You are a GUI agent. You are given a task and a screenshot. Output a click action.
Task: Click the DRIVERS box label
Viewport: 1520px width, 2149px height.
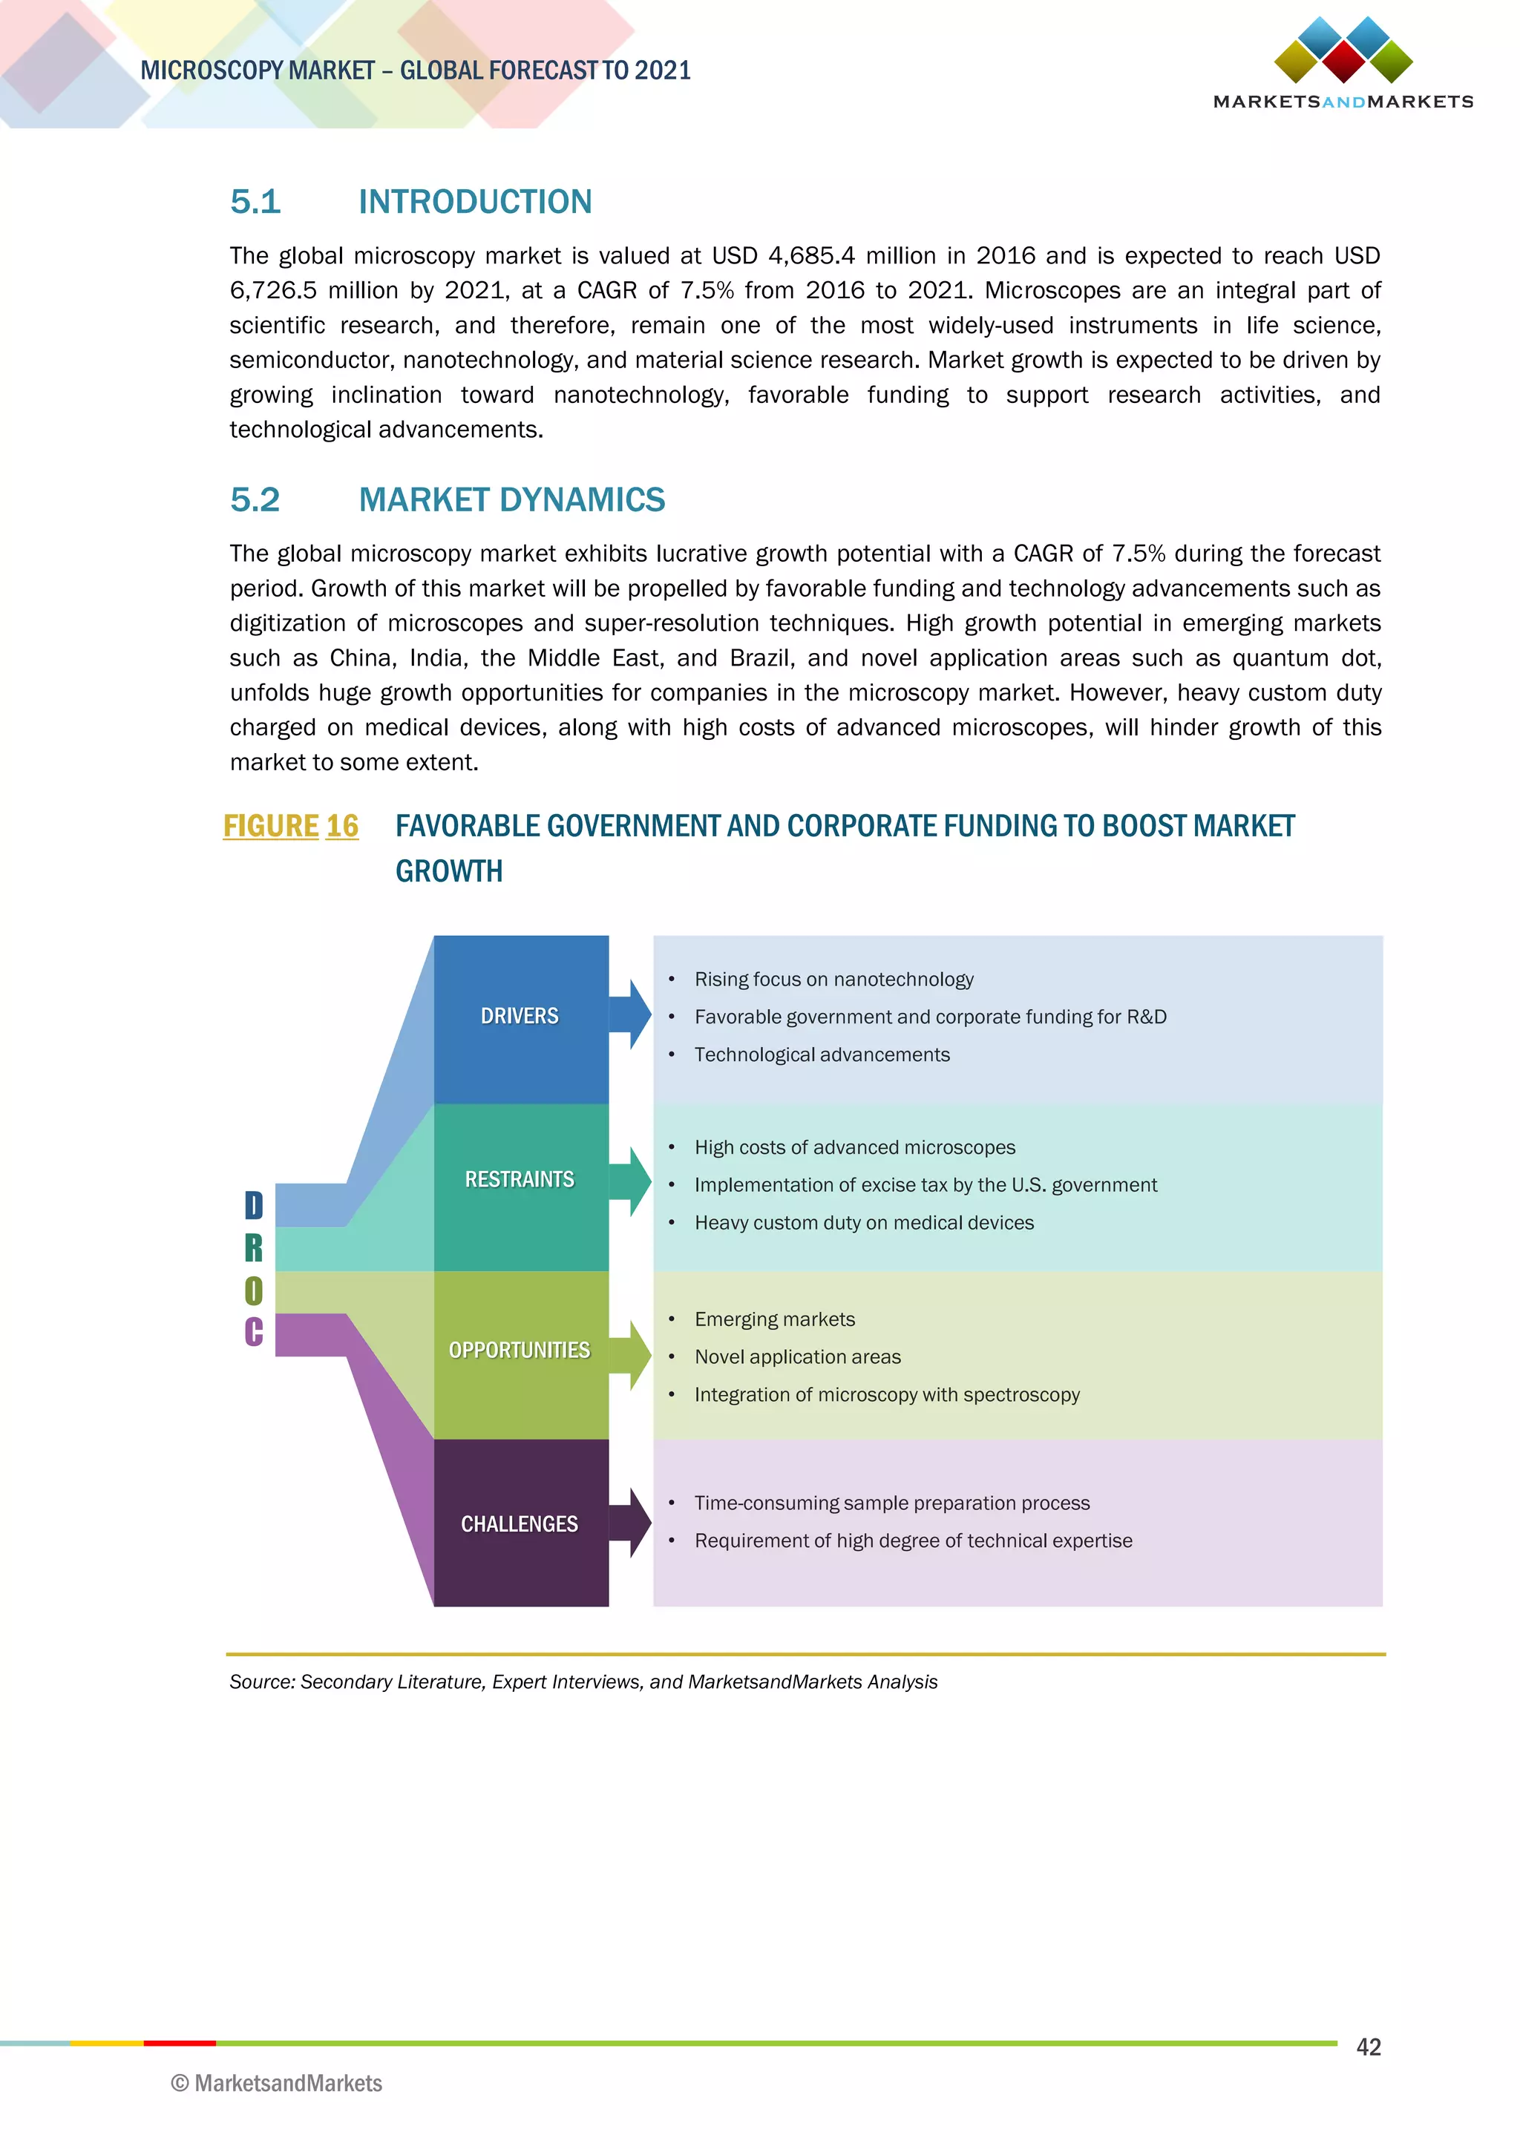tap(520, 1016)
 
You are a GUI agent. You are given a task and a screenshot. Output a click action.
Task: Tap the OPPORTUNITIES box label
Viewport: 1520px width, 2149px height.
tap(520, 1350)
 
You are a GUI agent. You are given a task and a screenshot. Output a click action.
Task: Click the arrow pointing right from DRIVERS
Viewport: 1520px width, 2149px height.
tap(631, 1014)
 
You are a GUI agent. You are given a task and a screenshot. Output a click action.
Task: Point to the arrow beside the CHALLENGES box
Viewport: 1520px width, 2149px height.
tap(631, 1523)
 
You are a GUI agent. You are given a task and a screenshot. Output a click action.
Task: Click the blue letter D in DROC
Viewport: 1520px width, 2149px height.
tap(254, 1206)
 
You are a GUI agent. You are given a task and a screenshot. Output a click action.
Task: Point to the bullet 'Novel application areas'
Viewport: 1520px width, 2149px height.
tap(797, 1357)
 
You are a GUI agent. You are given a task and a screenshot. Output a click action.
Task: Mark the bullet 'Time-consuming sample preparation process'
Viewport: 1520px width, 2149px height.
tap(892, 1503)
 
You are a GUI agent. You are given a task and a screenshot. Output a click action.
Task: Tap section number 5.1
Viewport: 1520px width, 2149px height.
tap(255, 201)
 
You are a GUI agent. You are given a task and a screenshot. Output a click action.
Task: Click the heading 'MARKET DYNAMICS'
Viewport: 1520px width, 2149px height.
tap(512, 500)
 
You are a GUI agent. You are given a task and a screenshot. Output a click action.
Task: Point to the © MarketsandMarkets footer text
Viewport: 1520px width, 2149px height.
tap(277, 2084)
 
